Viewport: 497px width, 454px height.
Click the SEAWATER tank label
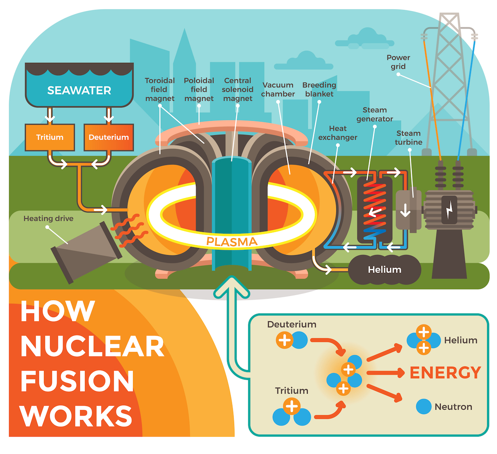(x=79, y=91)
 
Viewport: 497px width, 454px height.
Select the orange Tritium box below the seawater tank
(x=50, y=137)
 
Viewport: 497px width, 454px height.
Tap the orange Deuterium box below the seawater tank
(x=109, y=137)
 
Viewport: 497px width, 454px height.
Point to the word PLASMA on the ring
(x=232, y=241)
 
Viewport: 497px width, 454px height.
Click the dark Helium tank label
(x=384, y=270)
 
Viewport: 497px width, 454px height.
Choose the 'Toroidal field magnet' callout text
(x=159, y=89)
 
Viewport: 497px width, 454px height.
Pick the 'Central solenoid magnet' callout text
(x=238, y=89)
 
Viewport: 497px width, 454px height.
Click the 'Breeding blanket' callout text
(x=319, y=89)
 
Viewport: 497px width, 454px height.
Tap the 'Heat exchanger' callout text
(x=338, y=133)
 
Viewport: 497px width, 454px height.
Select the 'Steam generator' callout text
(x=374, y=115)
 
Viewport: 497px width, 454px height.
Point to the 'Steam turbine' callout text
(x=408, y=138)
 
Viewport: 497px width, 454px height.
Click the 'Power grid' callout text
(x=398, y=62)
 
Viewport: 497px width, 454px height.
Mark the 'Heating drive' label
(x=48, y=218)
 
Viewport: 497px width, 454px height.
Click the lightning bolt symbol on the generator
(x=449, y=210)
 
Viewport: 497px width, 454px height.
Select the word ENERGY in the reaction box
(x=445, y=373)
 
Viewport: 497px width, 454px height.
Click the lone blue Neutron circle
(x=423, y=406)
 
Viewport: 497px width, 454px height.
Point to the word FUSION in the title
(x=77, y=381)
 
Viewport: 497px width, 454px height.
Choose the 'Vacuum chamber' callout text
(x=278, y=89)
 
